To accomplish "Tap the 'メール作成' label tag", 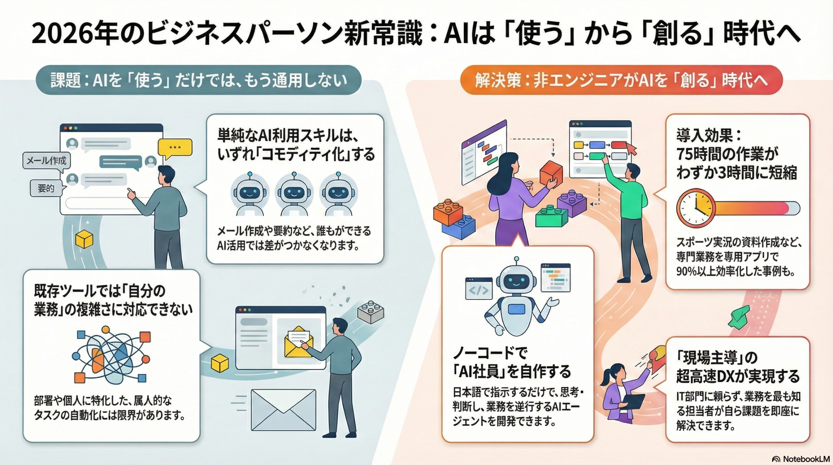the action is point(46,161).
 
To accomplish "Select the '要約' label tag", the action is point(46,188).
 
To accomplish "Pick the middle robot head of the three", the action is point(294,192).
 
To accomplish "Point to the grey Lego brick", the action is point(371,311).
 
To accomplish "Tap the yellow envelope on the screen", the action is point(298,343).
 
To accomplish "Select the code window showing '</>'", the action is point(479,288).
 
